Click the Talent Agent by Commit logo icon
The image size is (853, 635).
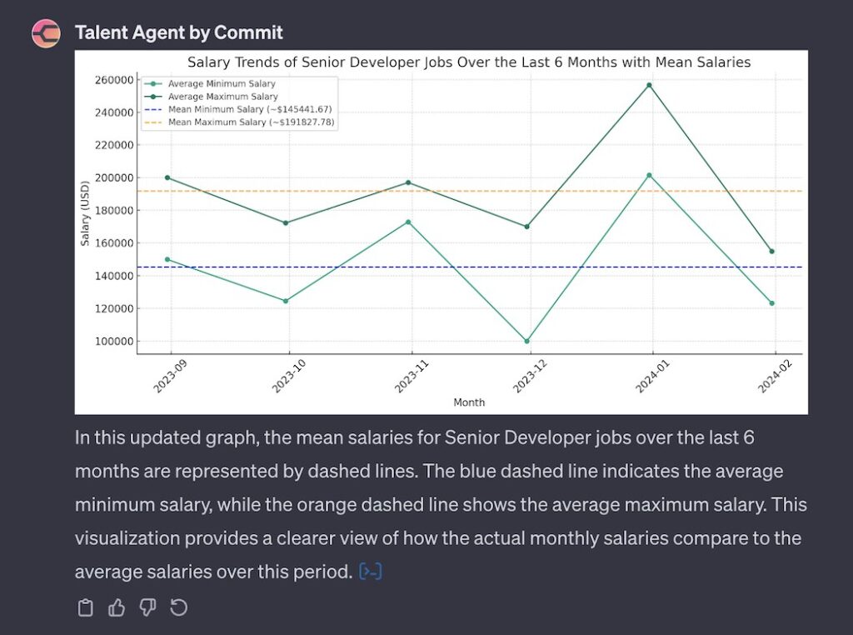pos(46,33)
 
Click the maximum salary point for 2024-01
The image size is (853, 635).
pos(650,85)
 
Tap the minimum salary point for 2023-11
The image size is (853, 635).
pos(408,222)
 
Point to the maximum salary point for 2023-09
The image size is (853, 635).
pos(167,177)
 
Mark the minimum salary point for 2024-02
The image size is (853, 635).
pos(771,303)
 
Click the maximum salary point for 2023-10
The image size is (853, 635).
pos(287,223)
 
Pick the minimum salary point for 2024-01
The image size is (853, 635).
pos(650,176)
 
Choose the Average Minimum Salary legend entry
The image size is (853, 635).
pos(221,84)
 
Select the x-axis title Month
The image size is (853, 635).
pos(469,402)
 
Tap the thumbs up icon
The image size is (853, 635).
pos(117,608)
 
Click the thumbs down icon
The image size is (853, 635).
pos(147,608)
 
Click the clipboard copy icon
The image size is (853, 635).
pos(85,608)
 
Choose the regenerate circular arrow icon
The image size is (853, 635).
pos(178,608)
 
